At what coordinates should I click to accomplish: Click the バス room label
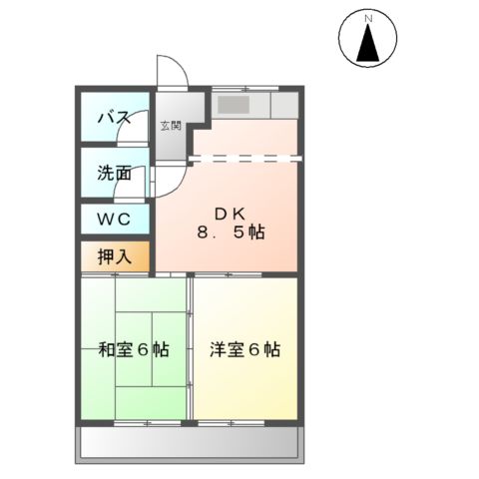point(113,119)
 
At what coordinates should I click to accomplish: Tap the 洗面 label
point(114,172)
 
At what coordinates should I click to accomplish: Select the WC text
point(113,219)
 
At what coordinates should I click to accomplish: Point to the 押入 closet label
point(114,255)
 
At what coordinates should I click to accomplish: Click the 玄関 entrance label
point(171,126)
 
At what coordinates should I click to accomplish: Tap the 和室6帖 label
point(133,350)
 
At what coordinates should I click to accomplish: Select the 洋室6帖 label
point(244,350)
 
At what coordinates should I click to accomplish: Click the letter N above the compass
point(367,18)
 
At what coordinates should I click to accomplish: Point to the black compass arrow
point(367,45)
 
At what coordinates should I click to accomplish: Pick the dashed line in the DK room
point(244,157)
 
